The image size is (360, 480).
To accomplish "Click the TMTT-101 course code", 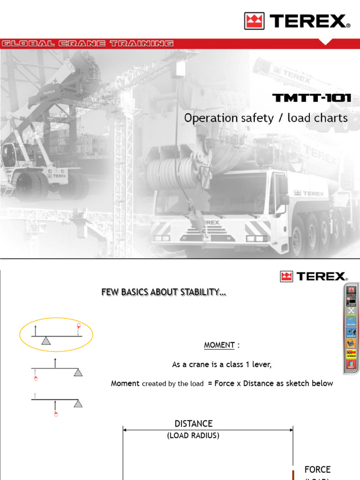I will pos(312,98).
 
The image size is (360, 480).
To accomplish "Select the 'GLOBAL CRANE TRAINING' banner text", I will pos(87,44).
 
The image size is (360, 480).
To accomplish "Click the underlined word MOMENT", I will pos(219,345).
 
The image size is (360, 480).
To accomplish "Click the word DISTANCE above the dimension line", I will pos(194,424).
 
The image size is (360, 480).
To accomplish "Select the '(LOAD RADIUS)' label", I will pos(193,435).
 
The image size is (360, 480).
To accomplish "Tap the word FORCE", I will pos(317,469).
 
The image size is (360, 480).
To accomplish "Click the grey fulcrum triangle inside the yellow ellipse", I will pos(45,341).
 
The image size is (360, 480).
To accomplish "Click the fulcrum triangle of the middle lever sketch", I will pos(78,372).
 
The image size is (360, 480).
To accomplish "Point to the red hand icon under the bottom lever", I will pos(56,413).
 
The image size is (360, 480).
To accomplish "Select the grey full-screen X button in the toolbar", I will pos(351,311).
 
